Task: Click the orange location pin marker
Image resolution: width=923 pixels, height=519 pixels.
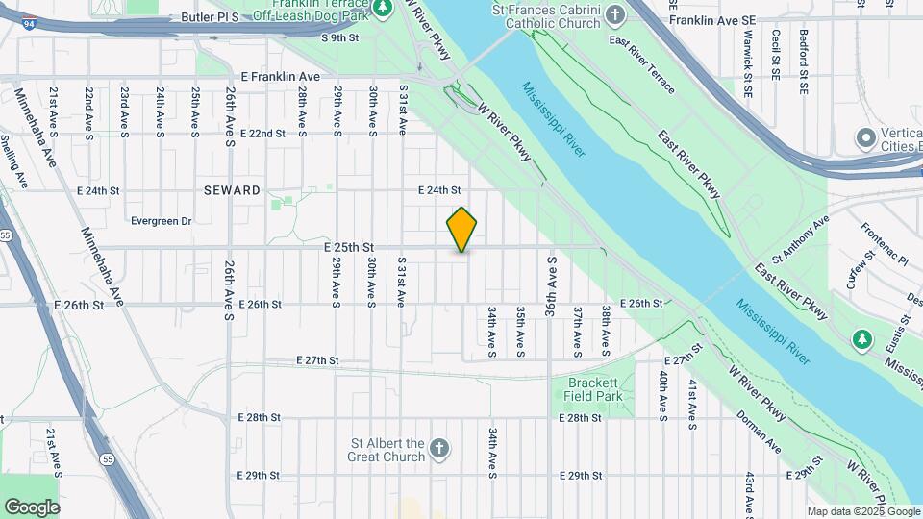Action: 462,229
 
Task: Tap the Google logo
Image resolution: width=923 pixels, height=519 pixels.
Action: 32,507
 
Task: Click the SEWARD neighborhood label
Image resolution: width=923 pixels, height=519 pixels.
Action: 232,190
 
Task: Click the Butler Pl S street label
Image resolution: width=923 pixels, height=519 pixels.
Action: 208,17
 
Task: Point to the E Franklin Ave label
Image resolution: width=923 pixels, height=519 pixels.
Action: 280,76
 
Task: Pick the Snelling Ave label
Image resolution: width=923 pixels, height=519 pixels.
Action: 15,163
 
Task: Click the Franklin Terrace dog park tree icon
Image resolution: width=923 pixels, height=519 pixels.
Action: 383,9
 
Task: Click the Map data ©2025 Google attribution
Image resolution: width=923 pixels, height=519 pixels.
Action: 862,511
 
